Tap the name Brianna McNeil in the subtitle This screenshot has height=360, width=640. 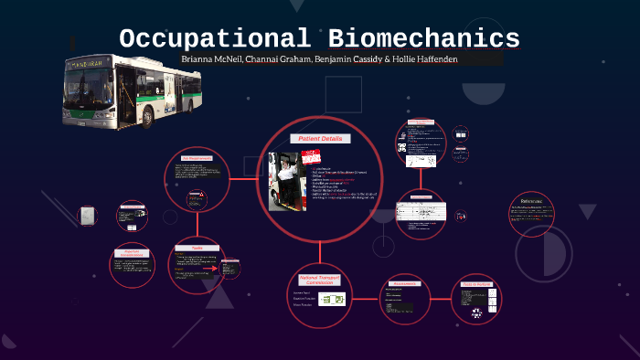click(211, 59)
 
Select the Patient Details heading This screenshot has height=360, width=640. click(320, 137)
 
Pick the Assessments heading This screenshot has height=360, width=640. click(404, 283)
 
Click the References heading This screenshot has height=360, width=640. click(532, 200)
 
